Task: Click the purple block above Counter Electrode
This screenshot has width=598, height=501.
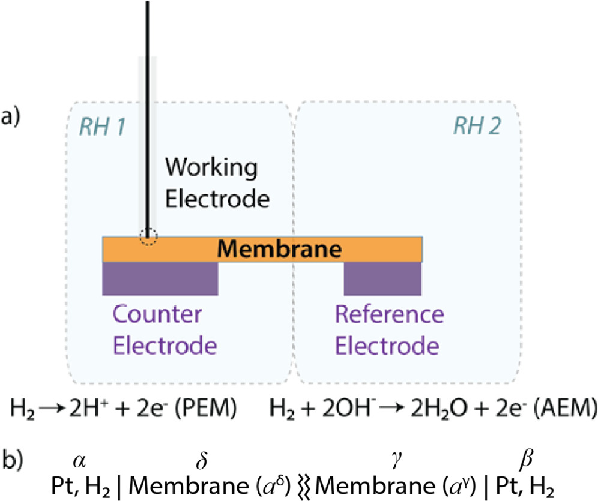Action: pyautogui.click(x=160, y=278)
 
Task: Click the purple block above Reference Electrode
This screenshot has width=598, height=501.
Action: pyautogui.click(x=382, y=278)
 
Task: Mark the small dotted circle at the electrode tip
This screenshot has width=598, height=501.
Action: pyautogui.click(x=148, y=237)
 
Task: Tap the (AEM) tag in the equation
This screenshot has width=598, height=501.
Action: pyautogui.click(x=562, y=410)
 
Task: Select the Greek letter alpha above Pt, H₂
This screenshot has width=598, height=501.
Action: pyautogui.click(x=77, y=460)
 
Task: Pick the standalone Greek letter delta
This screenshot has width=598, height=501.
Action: pyautogui.click(x=200, y=460)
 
